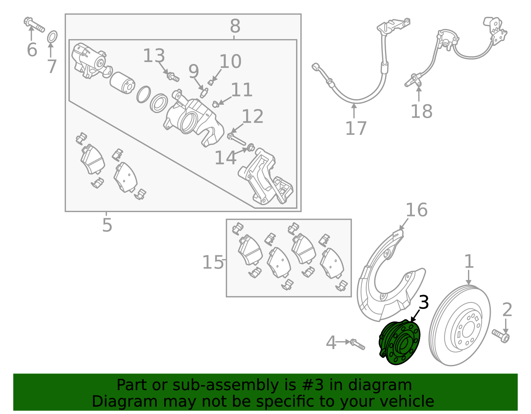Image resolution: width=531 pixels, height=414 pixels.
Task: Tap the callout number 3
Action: click(x=424, y=302)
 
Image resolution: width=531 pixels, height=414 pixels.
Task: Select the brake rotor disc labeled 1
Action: click(x=460, y=325)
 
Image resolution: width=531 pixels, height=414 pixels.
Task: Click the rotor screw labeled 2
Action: click(x=501, y=336)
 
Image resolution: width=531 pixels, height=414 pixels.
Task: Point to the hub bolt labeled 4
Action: click(x=357, y=344)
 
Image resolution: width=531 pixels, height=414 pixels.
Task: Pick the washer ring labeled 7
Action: click(x=52, y=36)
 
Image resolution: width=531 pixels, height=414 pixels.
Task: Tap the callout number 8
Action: click(x=235, y=26)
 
